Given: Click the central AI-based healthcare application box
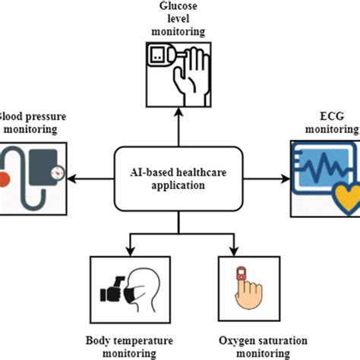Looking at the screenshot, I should click(179, 179).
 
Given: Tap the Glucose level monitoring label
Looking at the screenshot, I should click(180, 19).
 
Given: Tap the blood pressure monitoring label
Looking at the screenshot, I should click(34, 123).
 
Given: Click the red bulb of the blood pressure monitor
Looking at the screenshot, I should click(4, 180).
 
